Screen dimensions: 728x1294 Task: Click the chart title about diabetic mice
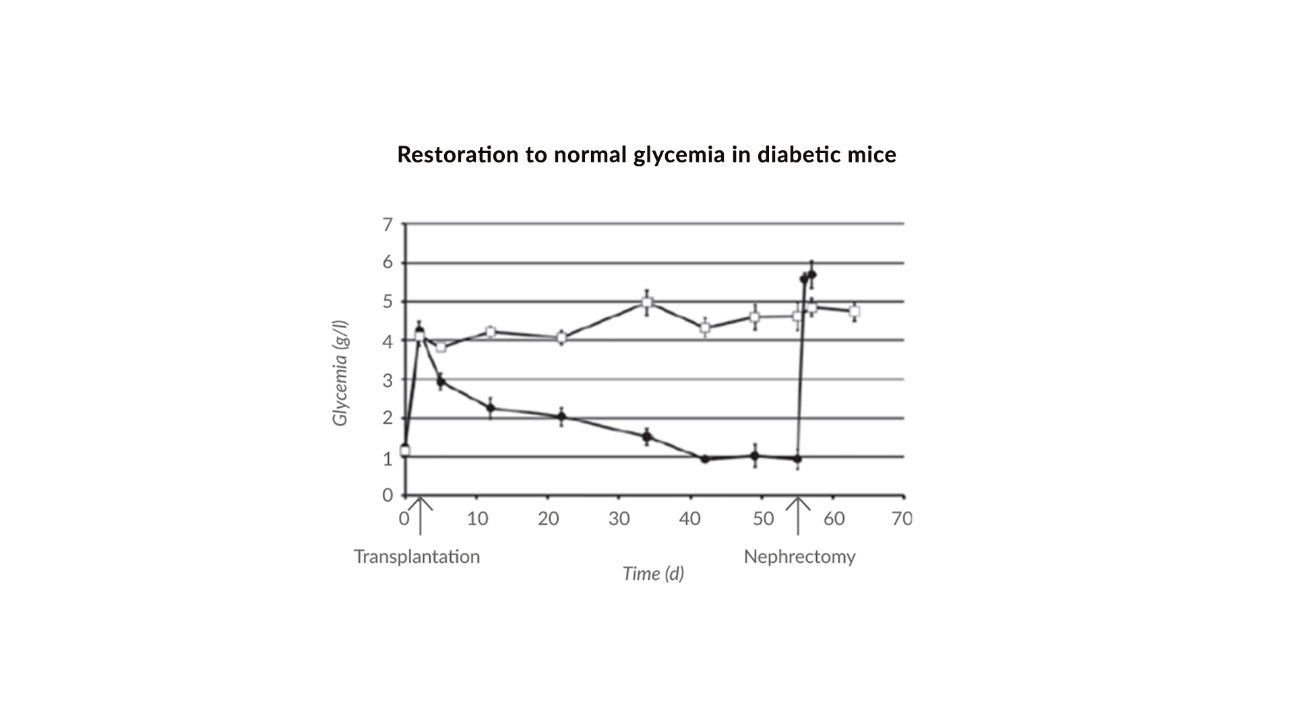646,154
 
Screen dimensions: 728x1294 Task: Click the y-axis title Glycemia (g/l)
340,373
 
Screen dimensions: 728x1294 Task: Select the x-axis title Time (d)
653,574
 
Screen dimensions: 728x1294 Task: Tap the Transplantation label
417,557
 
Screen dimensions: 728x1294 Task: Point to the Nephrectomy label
799,557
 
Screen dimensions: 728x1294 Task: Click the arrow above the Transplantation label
420,515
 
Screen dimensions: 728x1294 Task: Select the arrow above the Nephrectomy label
799,515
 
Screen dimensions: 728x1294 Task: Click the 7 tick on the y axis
388,224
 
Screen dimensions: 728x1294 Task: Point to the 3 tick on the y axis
388,380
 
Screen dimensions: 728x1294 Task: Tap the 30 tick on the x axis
619,518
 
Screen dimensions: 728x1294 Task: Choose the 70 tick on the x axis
902,518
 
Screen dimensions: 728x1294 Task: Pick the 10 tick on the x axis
477,518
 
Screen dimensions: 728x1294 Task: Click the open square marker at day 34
647,303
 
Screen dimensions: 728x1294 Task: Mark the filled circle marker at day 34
647,437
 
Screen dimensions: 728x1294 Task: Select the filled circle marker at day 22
561,417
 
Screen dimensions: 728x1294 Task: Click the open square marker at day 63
854,311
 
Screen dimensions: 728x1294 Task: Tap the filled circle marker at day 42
705,459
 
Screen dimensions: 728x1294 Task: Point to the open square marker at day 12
491,332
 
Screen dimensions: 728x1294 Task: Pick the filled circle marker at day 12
491,408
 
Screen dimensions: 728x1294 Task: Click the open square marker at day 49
755,317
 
